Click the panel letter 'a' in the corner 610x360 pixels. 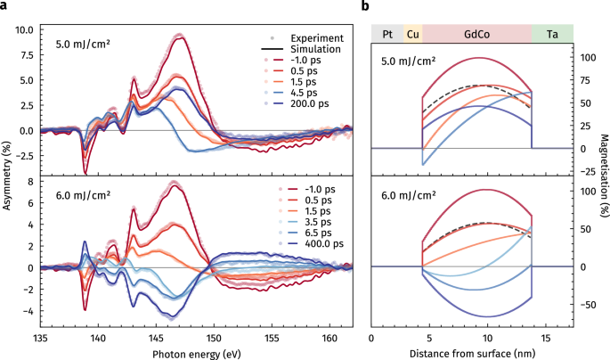(x=4, y=6)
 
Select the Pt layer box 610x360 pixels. (x=387, y=33)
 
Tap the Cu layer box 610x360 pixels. (x=413, y=33)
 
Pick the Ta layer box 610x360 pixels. (x=552, y=33)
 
